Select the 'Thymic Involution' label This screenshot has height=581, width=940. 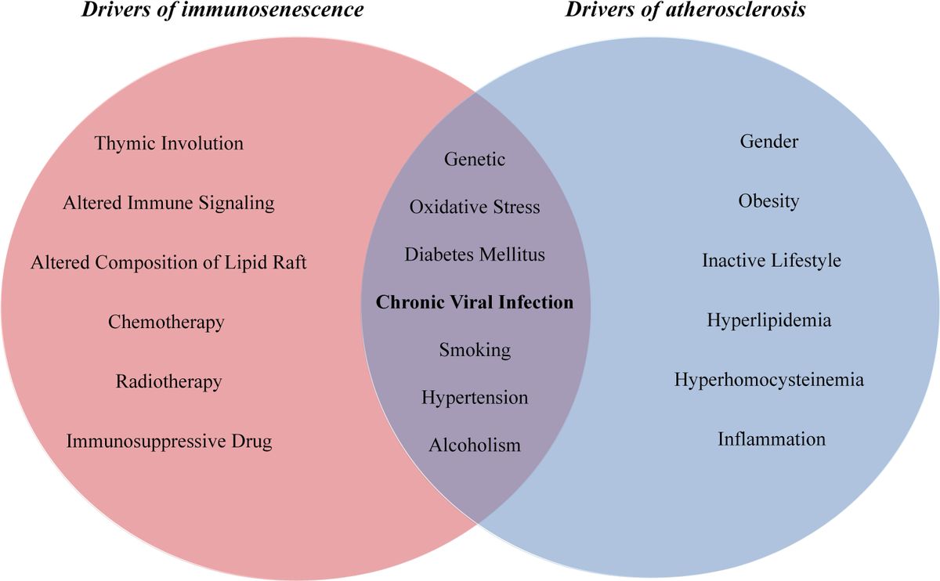tap(169, 143)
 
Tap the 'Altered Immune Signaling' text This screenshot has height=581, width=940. tap(168, 203)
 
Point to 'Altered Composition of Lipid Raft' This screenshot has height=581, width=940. tap(168, 262)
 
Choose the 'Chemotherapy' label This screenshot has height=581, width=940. tap(166, 322)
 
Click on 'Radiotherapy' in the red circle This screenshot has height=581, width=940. tap(168, 381)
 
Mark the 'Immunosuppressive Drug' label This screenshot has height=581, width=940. tap(168, 441)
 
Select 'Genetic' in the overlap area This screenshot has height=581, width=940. tap(475, 159)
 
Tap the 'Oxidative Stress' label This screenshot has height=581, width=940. tap(475, 207)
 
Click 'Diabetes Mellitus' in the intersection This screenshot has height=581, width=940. tap(475, 254)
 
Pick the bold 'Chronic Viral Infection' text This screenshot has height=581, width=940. tap(475, 302)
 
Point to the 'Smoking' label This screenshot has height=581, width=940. tap(475, 349)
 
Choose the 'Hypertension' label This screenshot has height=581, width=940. tap(475, 397)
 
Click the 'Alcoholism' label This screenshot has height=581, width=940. tap(475, 445)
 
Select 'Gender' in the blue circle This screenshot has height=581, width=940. tap(769, 141)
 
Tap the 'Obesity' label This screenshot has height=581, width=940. tap(768, 201)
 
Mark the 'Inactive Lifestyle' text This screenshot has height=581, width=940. tap(771, 260)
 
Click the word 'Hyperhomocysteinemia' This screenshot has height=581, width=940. tap(769, 380)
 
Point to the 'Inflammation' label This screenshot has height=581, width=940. tap(772, 438)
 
